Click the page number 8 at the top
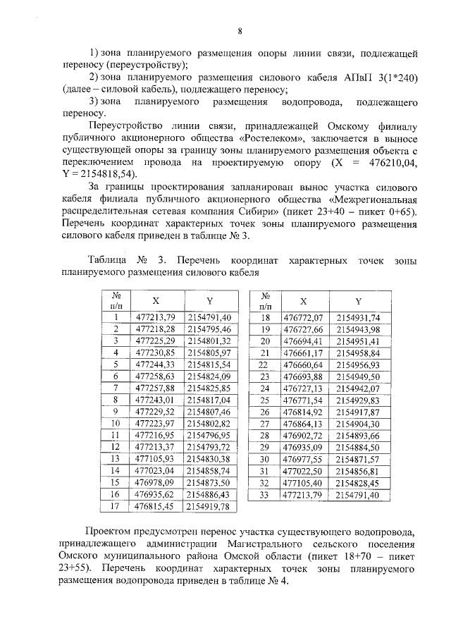click(x=240, y=31)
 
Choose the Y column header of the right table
click(x=358, y=300)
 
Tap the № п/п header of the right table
click(x=266, y=300)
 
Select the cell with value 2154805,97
click(x=209, y=352)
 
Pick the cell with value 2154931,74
click(x=358, y=318)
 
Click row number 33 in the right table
click(x=266, y=496)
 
